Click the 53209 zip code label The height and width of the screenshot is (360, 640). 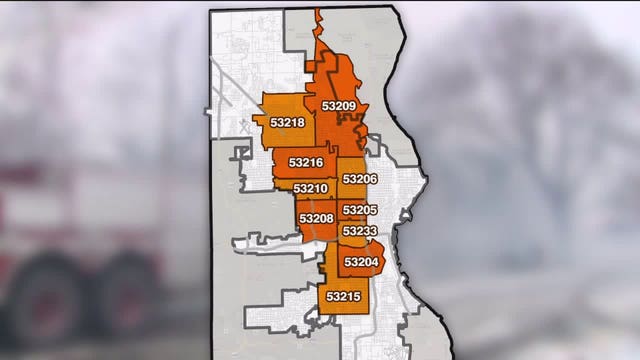tap(339, 106)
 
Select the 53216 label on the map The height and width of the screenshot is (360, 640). tap(306, 162)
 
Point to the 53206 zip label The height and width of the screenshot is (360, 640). tap(359, 179)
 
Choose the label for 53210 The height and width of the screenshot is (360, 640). tap(310, 188)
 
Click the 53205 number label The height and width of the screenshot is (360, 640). tap(359, 210)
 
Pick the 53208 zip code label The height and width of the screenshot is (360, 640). tap(316, 218)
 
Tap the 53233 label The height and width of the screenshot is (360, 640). tap(359, 230)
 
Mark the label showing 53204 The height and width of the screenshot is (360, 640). tap(361, 262)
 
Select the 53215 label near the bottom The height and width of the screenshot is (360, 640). tap(342, 296)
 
